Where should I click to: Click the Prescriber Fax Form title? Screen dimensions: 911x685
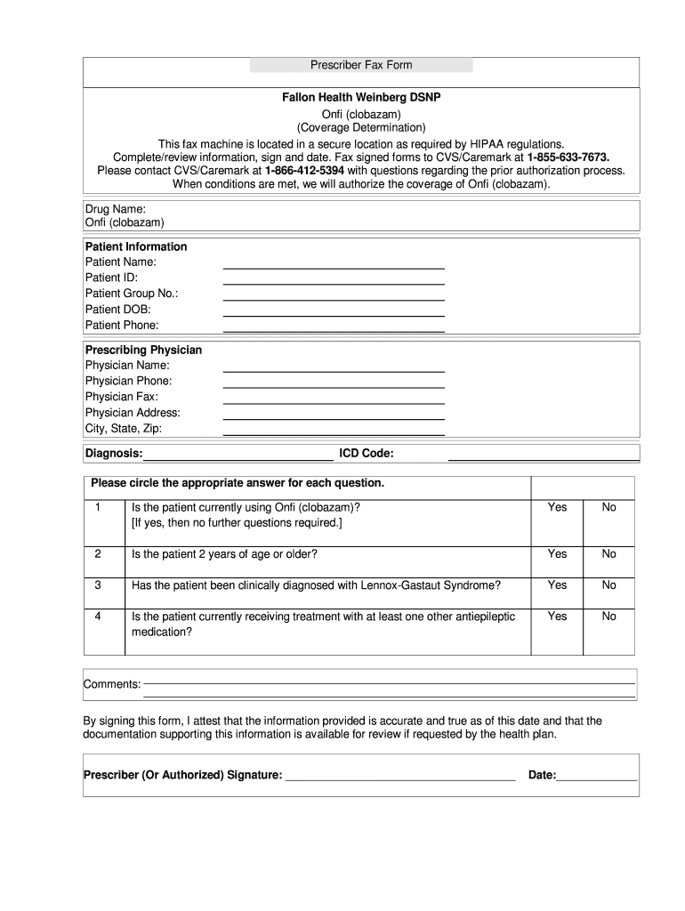pos(360,65)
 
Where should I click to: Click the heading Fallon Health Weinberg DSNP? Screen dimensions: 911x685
pos(360,97)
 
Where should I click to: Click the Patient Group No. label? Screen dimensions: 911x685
pos(132,294)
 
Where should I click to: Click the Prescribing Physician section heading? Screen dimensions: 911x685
pos(143,350)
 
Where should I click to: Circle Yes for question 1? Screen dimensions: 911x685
pos(557,507)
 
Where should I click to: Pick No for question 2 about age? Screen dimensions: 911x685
pos(608,554)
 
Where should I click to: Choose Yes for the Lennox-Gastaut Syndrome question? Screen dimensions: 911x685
pos(557,585)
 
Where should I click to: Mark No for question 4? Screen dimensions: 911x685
pos(608,617)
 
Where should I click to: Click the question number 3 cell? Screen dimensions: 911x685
pos(98,585)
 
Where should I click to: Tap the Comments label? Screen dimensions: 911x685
pos(112,684)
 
